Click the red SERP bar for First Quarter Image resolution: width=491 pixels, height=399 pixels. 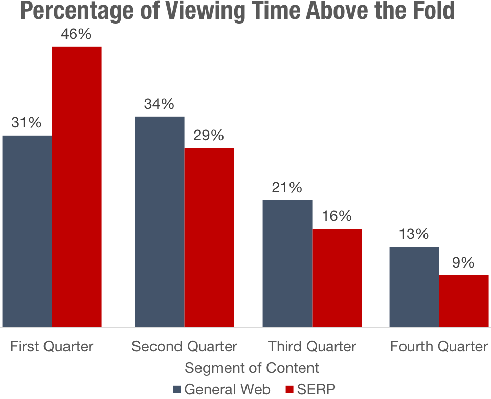click(x=77, y=187)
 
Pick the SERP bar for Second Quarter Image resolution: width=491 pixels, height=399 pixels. click(x=209, y=237)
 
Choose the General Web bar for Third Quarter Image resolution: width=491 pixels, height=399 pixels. click(x=287, y=263)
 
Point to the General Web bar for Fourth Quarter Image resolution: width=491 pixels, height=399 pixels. click(x=414, y=287)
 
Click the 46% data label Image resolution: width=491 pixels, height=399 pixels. click(x=77, y=35)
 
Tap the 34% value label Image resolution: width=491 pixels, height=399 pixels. click(x=159, y=104)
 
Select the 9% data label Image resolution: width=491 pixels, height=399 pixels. click(x=464, y=263)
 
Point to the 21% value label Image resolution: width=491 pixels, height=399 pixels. click(x=287, y=188)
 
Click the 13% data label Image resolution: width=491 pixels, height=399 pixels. click(x=414, y=235)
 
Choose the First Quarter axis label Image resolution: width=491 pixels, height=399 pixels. click(x=52, y=347)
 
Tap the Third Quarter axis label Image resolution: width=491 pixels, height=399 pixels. click(x=312, y=347)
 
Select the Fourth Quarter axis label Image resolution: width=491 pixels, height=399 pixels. click(x=439, y=347)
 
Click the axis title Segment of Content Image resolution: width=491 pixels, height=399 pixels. click(x=252, y=368)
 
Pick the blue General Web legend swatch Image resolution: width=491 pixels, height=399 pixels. click(x=177, y=390)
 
